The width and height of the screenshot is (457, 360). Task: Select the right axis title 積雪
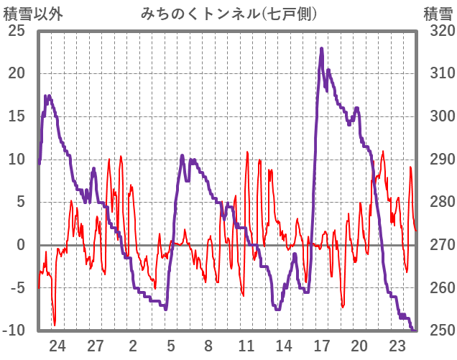(x=437, y=13)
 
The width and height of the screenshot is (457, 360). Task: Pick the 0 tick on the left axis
(x=21, y=245)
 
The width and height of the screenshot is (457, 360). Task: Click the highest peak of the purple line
(x=321, y=49)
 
